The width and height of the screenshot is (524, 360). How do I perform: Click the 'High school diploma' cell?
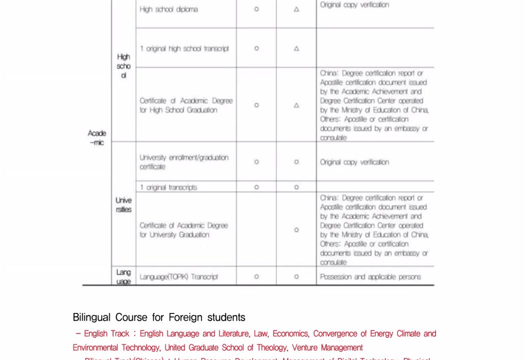[x=169, y=10]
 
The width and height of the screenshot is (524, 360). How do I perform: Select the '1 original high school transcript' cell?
[x=184, y=49]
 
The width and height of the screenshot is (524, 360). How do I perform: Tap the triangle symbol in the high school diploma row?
[x=296, y=10]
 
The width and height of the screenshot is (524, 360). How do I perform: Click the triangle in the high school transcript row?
[x=296, y=49]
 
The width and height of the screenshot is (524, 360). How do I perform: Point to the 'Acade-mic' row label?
[x=97, y=138]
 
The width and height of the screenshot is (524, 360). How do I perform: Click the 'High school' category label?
[x=124, y=66]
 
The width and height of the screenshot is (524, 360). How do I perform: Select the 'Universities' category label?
[x=124, y=205]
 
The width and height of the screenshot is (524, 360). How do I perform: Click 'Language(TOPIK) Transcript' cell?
[x=179, y=277]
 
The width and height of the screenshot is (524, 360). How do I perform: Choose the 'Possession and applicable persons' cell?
[x=370, y=277]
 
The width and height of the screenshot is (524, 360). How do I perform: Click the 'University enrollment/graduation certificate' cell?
[x=184, y=162]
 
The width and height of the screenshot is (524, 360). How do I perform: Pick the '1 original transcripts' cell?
[x=168, y=187]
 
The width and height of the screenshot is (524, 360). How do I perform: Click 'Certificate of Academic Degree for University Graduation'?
[x=183, y=230]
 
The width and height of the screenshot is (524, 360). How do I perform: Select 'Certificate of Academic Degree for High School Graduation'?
[x=186, y=105]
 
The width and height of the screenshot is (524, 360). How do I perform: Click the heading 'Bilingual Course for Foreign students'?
[x=159, y=317]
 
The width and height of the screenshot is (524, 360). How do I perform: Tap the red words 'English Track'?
[x=106, y=333]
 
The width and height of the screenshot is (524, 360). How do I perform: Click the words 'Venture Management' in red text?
[x=327, y=347]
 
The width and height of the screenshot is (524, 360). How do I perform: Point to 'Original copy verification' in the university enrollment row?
[x=354, y=162]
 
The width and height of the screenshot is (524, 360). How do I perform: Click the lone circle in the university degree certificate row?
[x=296, y=230]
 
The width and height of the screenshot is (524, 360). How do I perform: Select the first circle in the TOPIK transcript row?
[x=256, y=277]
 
